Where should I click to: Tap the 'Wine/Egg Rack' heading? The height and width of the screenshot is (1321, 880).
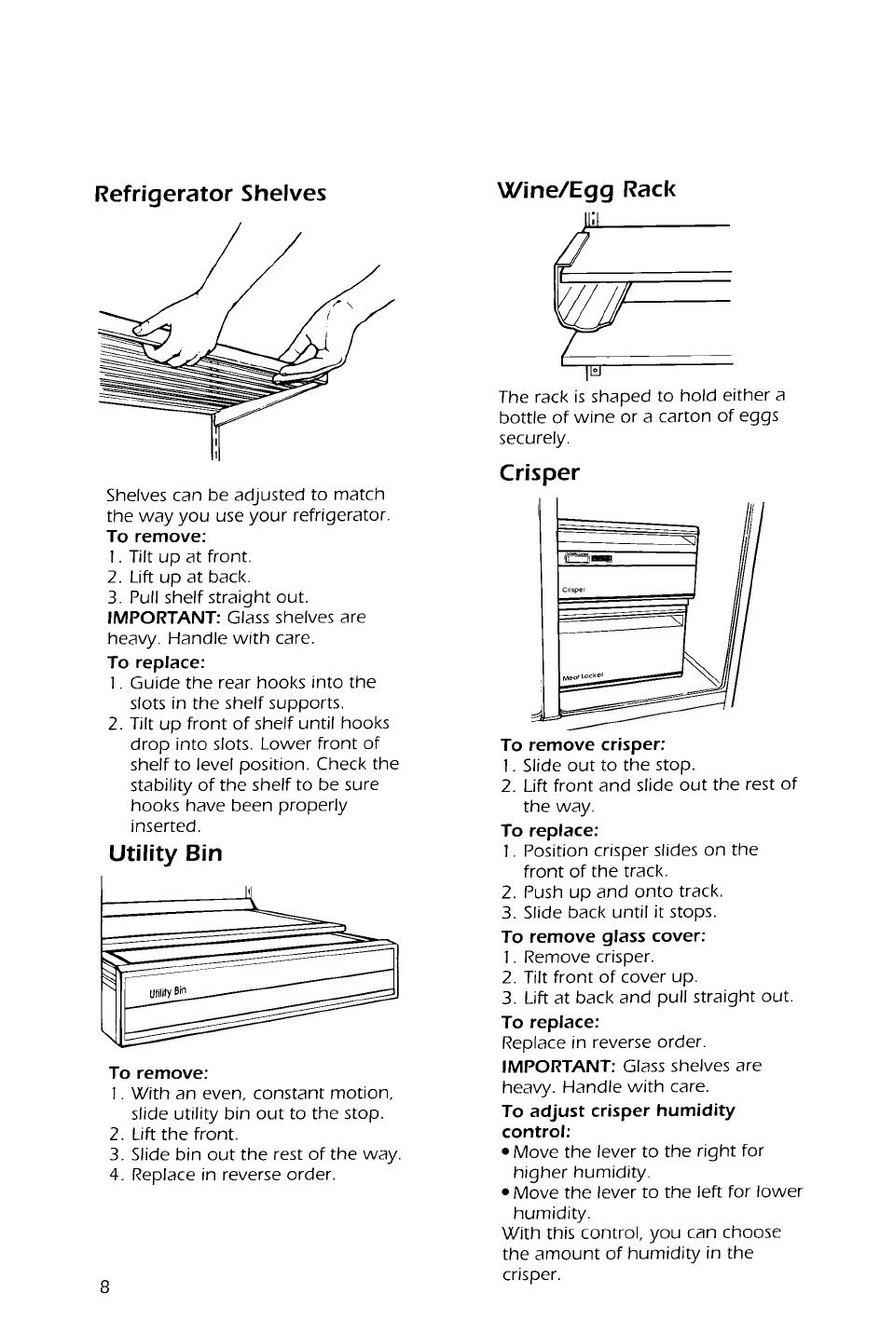pos(587,189)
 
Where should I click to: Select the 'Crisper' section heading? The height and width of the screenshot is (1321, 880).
pos(539,472)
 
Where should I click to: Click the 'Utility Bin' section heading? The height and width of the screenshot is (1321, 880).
pos(165,852)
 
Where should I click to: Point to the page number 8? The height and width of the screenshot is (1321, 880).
pos(105,1287)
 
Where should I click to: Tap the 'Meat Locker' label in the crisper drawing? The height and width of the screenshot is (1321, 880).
pos(583,674)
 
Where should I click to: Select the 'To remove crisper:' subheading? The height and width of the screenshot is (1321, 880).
pos(583,744)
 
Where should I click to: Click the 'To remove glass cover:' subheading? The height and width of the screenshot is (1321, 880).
pos(602,936)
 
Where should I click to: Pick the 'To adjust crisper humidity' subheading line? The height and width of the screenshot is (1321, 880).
pos(618,1110)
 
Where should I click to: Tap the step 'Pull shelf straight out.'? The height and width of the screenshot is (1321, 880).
pos(219,597)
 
